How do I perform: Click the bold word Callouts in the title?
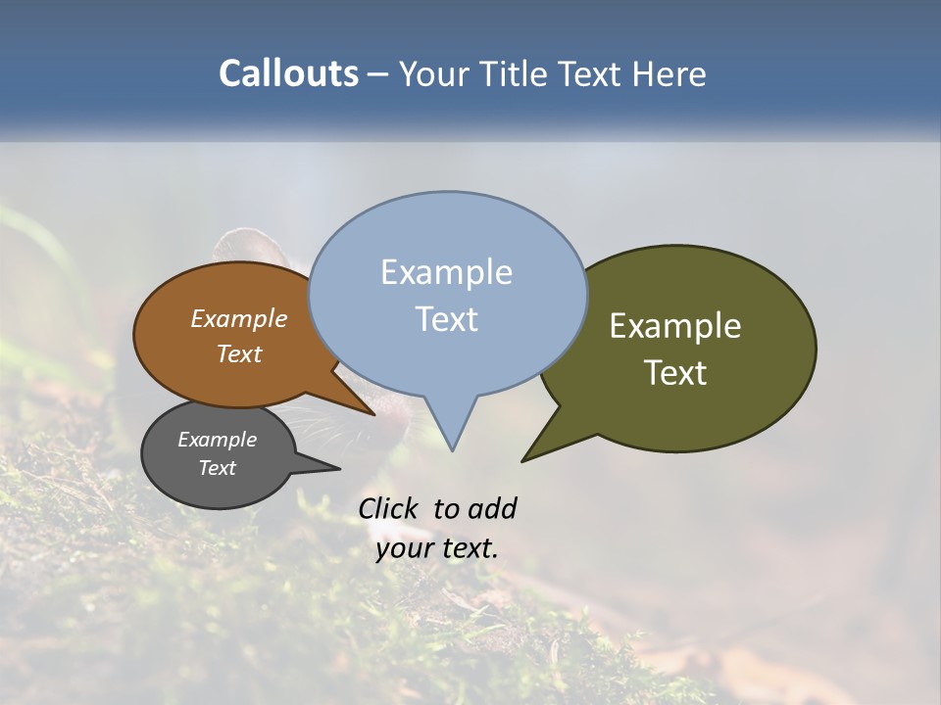(288, 73)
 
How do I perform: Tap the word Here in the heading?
(670, 73)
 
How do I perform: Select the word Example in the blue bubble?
(446, 272)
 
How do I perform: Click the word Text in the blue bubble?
(446, 319)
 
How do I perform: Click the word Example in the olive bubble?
(675, 326)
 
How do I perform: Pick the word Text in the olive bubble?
(675, 372)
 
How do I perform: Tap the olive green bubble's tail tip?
(523, 459)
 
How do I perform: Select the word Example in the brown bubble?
(238, 318)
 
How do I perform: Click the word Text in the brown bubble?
(238, 353)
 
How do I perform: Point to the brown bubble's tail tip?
(373, 414)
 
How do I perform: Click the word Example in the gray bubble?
(217, 440)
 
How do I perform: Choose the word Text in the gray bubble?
(217, 468)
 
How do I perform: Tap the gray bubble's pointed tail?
(338, 469)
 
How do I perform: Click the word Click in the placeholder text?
(388, 508)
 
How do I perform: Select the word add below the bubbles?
(491, 508)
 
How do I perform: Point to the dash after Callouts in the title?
(377, 74)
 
